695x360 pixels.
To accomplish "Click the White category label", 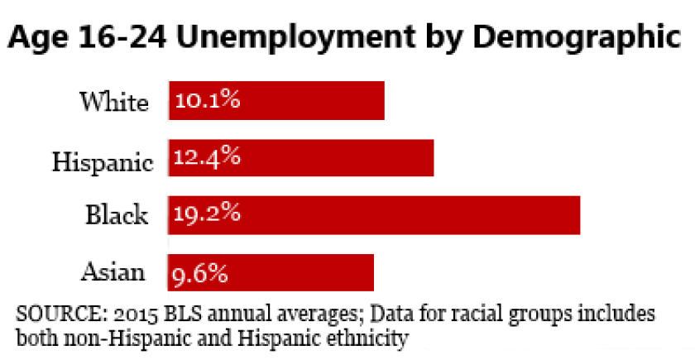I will tap(114, 102).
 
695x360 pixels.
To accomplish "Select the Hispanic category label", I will tap(103, 160).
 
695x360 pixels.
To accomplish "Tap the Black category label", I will tap(117, 215).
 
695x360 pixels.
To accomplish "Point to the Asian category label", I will tap(113, 271).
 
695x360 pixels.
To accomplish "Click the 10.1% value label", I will tap(207, 102).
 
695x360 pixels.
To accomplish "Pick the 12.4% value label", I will tap(207, 157).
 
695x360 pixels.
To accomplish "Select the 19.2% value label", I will tap(207, 214).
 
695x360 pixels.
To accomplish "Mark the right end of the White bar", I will tap(383, 101).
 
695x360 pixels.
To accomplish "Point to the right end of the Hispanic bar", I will tap(433, 157).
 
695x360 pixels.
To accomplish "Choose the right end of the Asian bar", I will tap(372, 271).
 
